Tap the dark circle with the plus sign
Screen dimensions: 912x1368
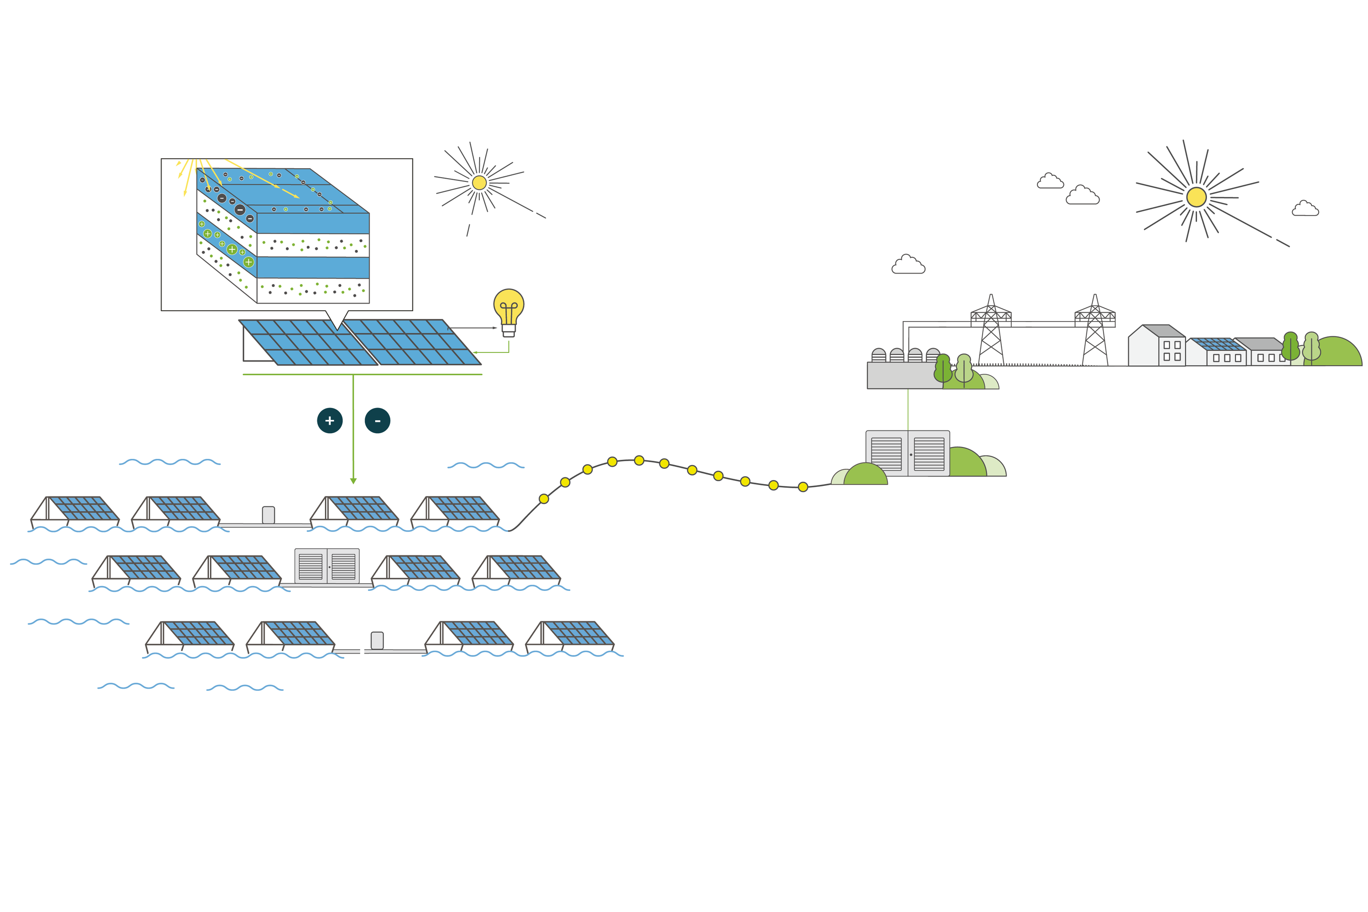(x=330, y=420)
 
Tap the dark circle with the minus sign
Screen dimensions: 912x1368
(x=378, y=420)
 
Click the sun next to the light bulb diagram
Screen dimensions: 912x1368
(x=479, y=182)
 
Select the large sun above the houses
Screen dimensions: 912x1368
(x=1197, y=197)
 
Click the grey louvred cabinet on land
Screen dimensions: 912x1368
(x=907, y=454)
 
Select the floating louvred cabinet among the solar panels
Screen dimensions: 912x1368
(x=327, y=565)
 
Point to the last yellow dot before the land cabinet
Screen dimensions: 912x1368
(x=803, y=487)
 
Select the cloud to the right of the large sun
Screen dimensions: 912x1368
(x=1305, y=209)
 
